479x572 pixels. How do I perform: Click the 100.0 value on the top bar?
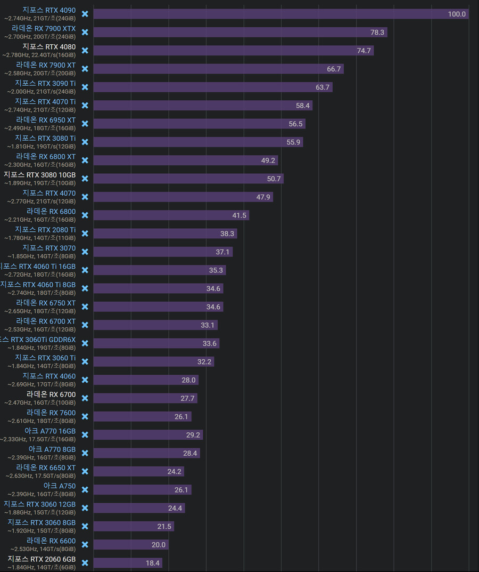coord(457,14)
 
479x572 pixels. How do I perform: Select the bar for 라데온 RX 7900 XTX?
coord(240,33)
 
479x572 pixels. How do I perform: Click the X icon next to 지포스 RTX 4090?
coord(85,14)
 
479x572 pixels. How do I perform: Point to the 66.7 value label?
coord(334,69)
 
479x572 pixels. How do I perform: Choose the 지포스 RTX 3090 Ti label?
coord(45,83)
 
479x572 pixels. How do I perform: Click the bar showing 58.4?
coord(202,106)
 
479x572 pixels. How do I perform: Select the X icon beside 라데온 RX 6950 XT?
coord(85,124)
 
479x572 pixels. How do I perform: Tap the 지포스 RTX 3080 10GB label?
coord(39,175)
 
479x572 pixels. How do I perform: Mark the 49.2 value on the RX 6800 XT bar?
coord(268,160)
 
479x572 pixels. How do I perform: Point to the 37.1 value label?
coord(222,252)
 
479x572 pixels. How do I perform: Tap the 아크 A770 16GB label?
coord(50,431)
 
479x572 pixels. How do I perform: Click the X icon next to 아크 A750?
coord(85,489)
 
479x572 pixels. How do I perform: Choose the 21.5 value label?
coord(164,527)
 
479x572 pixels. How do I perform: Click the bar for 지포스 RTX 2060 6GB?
coord(128,563)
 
